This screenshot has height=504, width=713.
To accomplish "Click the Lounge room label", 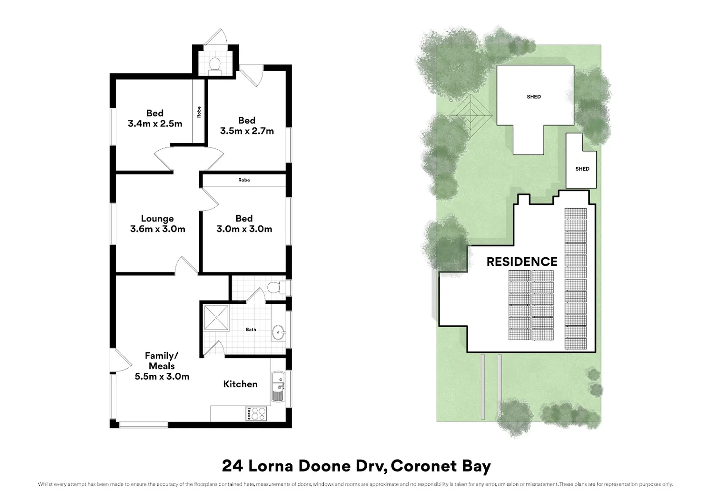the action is pos(157,218).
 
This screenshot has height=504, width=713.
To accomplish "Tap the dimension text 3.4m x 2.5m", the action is pos(155,124).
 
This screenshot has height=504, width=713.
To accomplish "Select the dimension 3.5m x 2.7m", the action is pos(247,131).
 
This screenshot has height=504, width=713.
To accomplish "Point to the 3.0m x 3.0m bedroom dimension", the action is pos(244,229).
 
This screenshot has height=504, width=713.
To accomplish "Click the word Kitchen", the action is pos(240,384).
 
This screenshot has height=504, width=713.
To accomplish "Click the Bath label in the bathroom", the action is pos(251,329).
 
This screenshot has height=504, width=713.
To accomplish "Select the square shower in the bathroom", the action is pos(217,318).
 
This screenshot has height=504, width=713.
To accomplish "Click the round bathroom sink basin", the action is pos(278,333).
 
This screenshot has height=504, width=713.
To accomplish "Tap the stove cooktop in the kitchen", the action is pos(256,414).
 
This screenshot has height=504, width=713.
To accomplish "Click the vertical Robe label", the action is pos(199,112).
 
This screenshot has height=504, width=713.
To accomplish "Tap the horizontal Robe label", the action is pos(244,180).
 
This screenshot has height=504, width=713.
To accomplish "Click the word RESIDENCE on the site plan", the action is pos(522,262).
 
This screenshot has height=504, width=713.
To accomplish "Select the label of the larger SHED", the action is pos(534,97).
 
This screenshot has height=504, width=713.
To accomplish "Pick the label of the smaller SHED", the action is pos(582,169).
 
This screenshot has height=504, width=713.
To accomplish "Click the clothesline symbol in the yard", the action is pos(470,116).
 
